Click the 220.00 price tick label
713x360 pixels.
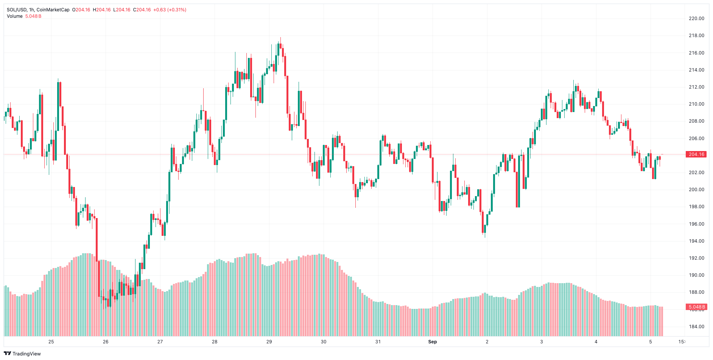(x=696, y=19)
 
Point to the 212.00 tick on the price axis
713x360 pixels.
(x=696, y=87)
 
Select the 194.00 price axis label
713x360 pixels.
(x=696, y=241)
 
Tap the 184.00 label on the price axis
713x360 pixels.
(x=696, y=327)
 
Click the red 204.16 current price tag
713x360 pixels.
(x=696, y=154)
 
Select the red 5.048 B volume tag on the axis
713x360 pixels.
(x=696, y=307)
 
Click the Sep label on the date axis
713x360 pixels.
(x=432, y=342)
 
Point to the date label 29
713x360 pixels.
(x=269, y=342)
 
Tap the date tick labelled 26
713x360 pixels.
(x=106, y=342)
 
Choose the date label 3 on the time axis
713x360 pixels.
(x=542, y=342)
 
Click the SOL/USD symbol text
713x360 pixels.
(x=16, y=10)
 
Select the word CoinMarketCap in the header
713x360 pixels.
(x=53, y=10)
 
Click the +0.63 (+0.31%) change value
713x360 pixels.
(x=170, y=10)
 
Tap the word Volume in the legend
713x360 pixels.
(x=15, y=16)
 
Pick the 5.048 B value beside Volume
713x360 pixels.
(x=33, y=16)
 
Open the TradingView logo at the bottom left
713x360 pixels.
(x=22, y=354)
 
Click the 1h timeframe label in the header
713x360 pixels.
(x=31, y=10)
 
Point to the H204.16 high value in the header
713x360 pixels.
(x=102, y=10)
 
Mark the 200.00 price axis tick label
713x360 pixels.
(x=696, y=190)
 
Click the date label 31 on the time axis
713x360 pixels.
(x=378, y=342)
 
